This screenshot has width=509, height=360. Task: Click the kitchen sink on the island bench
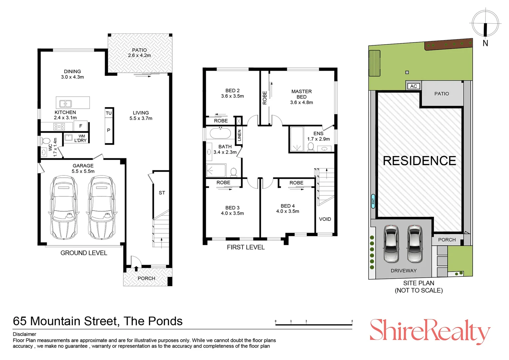pyautogui.click(x=65, y=104)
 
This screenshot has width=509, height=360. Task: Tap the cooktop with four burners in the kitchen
pyautogui.click(x=59, y=126)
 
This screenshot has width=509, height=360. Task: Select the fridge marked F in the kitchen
pyautogui.click(x=80, y=126)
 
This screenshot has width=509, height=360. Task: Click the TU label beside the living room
pyautogui.click(x=109, y=113)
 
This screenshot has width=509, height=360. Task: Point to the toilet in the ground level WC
pyautogui.click(x=45, y=141)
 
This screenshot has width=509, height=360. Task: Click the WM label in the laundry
pyautogui.click(x=82, y=136)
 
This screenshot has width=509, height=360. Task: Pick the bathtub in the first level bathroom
pyautogui.click(x=220, y=133)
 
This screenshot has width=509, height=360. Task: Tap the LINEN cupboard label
pyautogui.click(x=239, y=135)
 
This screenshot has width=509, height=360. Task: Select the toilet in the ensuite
pyautogui.click(x=310, y=147)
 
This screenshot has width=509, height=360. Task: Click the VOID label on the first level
pyautogui.click(x=325, y=219)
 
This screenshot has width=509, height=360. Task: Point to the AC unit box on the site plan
pyautogui.click(x=414, y=86)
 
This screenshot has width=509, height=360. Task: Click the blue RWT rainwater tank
pyautogui.click(x=373, y=201)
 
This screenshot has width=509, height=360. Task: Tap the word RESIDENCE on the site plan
pyautogui.click(x=419, y=161)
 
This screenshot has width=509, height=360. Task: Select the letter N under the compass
pyautogui.click(x=485, y=43)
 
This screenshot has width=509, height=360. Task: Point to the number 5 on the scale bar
pyautogui.click(x=352, y=321)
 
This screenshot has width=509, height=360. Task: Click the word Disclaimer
pyautogui.click(x=24, y=334)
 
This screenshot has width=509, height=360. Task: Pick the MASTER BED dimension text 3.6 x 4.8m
pyautogui.click(x=301, y=102)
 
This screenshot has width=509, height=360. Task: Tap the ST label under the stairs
pyautogui.click(x=162, y=193)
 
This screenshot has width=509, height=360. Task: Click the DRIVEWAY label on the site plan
pyautogui.click(x=403, y=271)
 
